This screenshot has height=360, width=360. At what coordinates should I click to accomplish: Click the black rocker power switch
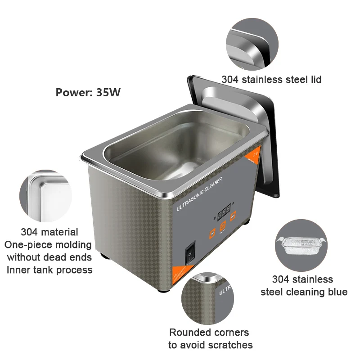(x=191, y=251)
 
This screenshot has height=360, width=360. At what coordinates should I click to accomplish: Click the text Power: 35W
(x=88, y=92)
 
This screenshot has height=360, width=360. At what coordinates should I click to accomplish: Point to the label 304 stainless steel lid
(x=271, y=80)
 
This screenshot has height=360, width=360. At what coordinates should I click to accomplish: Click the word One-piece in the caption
(x=31, y=245)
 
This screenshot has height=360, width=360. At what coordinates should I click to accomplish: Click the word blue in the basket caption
(x=336, y=292)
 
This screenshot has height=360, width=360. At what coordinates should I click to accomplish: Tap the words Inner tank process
(x=49, y=270)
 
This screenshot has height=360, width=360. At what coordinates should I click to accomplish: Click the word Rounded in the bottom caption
(x=189, y=333)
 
